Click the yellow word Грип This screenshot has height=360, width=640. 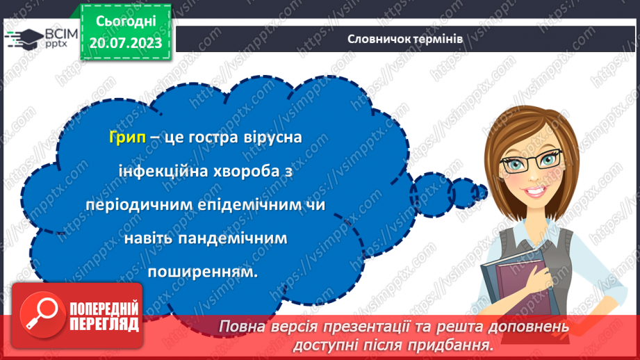127,138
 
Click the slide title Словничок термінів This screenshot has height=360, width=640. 405,38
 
